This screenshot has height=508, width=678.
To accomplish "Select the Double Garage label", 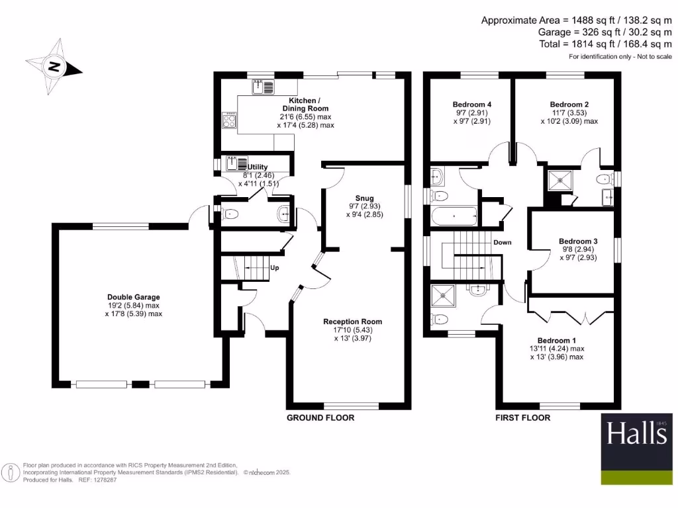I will pos(134,297).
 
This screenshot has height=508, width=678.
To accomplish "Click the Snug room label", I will pos(364,198).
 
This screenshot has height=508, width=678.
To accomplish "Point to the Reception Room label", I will pos(352,321).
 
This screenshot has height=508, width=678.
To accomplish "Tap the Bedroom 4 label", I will pos(471,105).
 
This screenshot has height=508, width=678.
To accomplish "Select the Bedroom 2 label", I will pos(569,105).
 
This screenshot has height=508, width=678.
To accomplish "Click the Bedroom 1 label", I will pos(557,340).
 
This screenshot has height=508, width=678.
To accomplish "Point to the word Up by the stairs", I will pos(275,269).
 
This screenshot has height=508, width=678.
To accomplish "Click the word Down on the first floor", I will pos(503,242).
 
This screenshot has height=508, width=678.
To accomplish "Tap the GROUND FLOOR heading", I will pos(320,417).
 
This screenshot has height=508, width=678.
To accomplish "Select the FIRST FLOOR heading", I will pos(522,417).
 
